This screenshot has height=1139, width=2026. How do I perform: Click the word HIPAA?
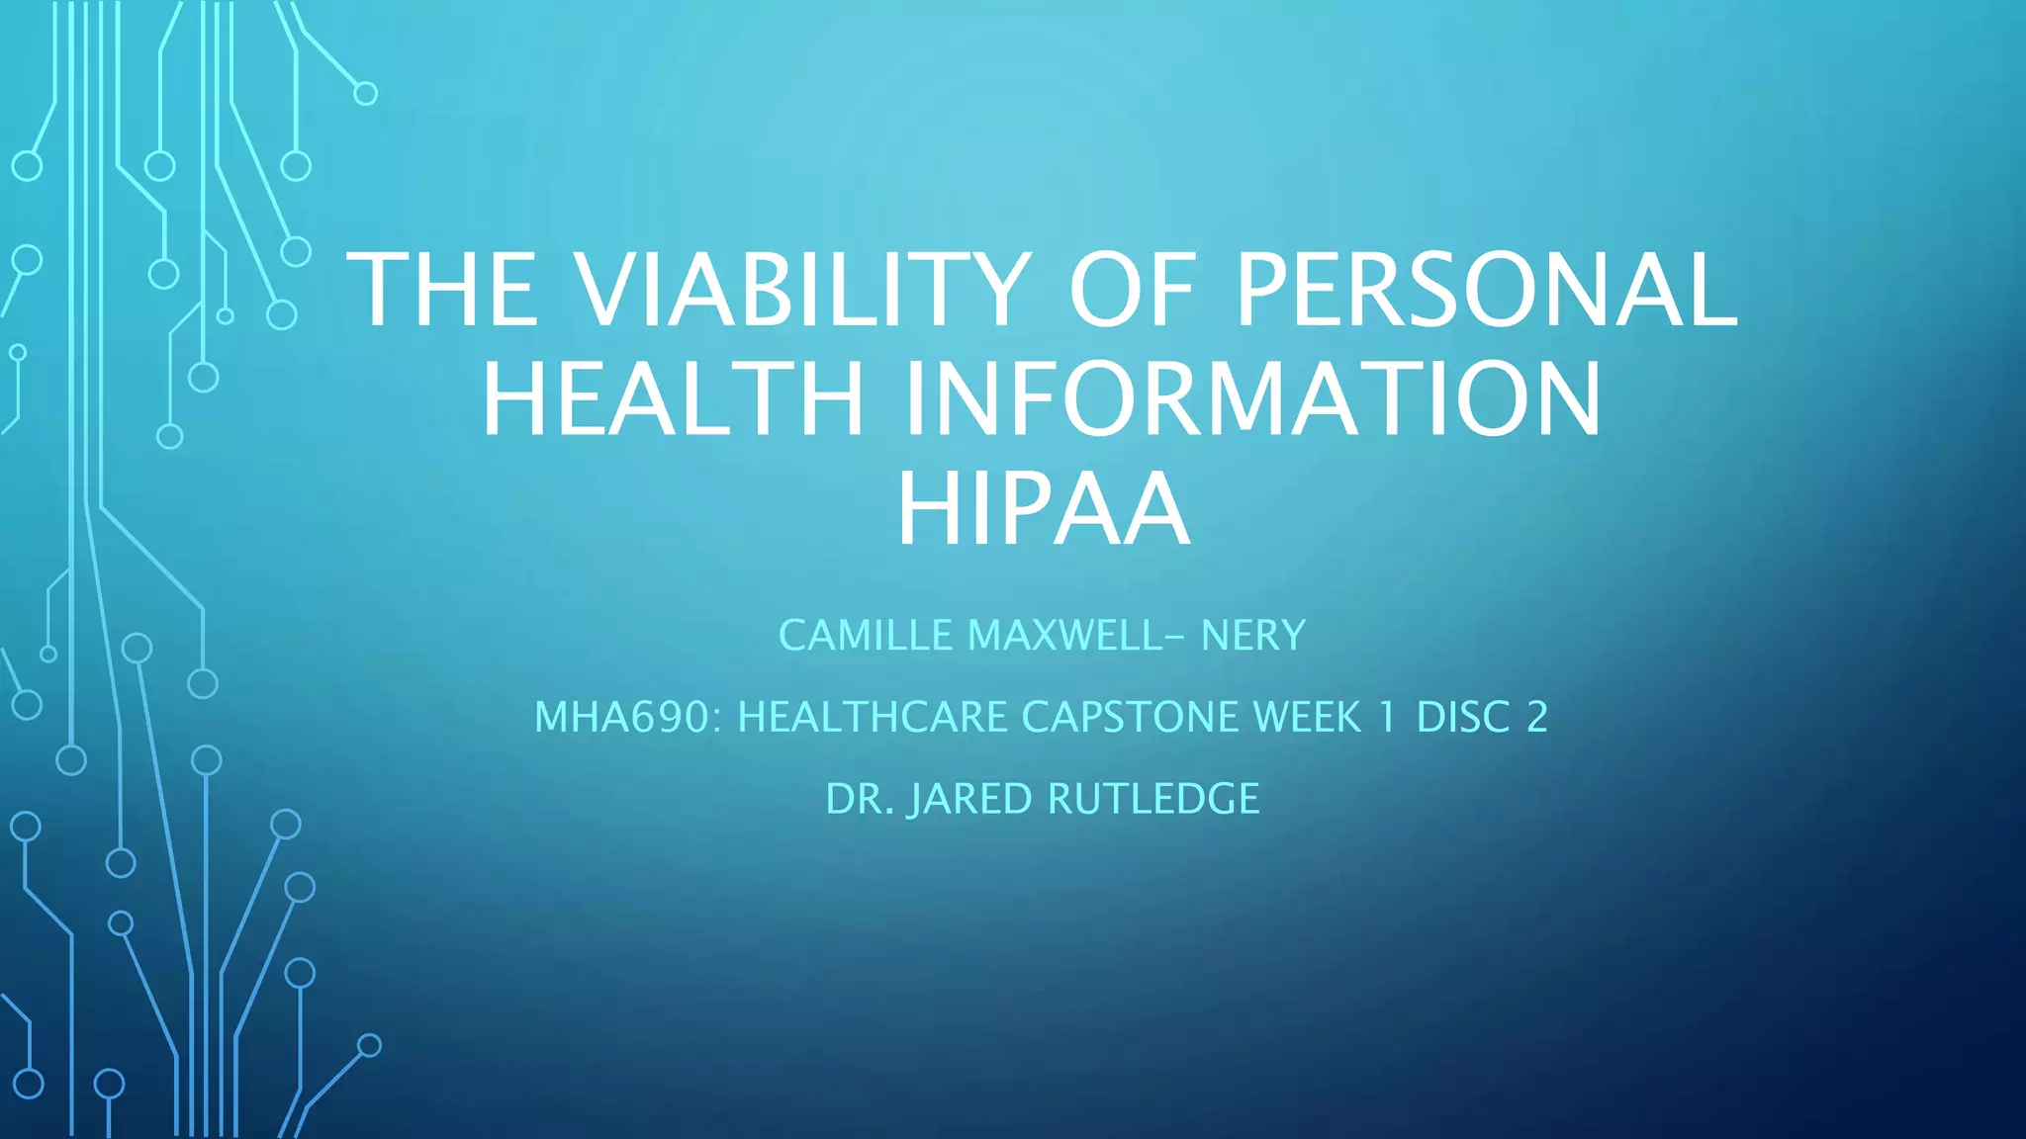pyautogui.click(x=1043, y=509)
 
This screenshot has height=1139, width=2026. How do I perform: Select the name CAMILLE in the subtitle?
pyautogui.click(x=866, y=635)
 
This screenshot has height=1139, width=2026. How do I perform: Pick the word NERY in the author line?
pyautogui.click(x=1253, y=635)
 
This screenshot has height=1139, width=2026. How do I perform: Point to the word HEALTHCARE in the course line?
pyautogui.click(x=873, y=717)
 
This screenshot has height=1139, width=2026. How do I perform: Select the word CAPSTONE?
pyautogui.click(x=1130, y=717)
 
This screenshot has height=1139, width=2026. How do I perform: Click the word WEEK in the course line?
pyautogui.click(x=1308, y=717)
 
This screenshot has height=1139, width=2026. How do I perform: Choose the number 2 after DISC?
pyautogui.click(x=1537, y=717)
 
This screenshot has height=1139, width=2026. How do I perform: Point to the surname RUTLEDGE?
pyautogui.click(x=1153, y=799)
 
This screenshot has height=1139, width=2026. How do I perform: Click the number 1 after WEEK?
pyautogui.click(x=1388, y=717)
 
